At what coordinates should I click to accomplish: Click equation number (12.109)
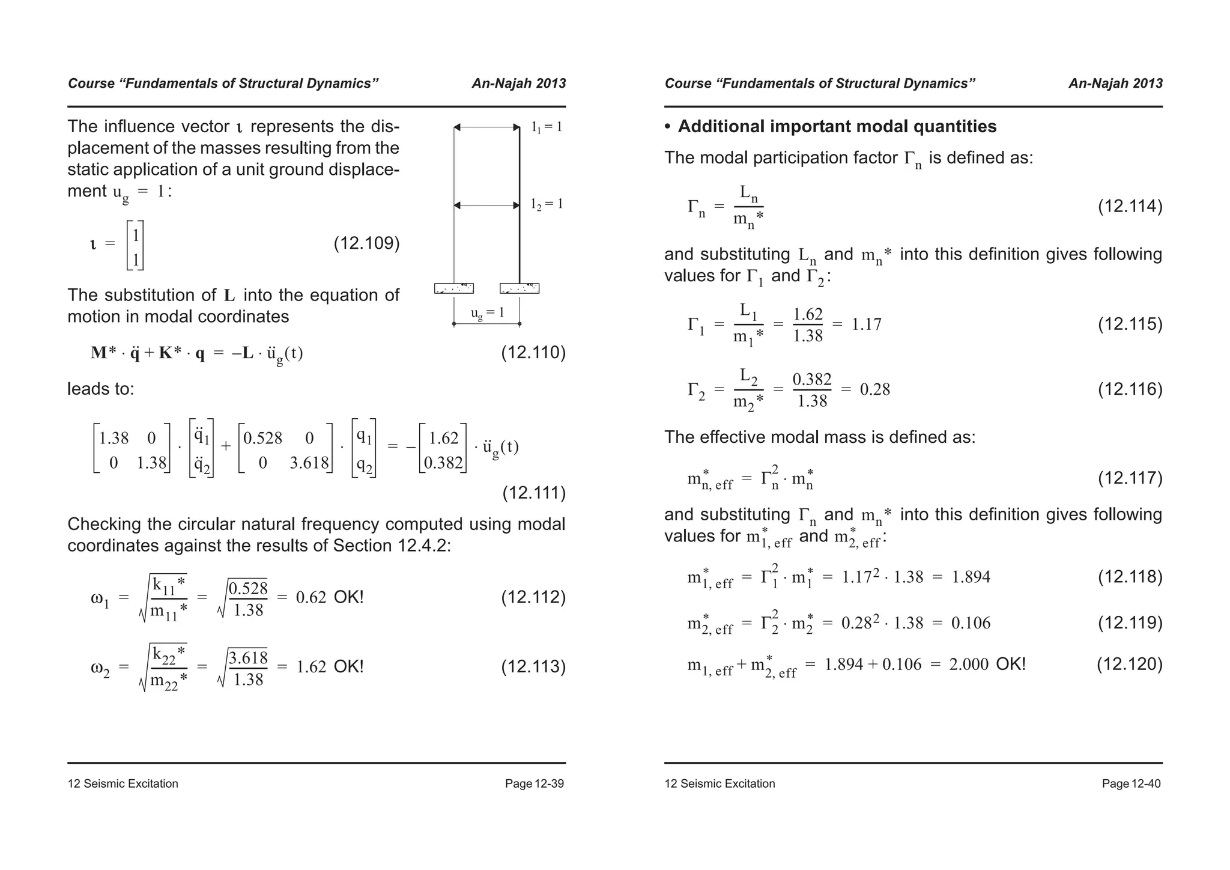click(x=366, y=243)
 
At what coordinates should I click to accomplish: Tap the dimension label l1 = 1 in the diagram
click(x=547, y=127)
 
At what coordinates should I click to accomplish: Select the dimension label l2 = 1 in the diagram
click(x=547, y=204)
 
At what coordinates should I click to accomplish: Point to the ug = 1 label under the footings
click(x=487, y=312)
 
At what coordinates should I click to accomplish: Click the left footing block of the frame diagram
click(x=454, y=288)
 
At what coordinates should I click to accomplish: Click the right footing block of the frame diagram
click(x=520, y=288)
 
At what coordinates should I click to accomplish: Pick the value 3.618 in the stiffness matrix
click(x=309, y=463)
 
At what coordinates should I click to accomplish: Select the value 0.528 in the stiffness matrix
click(x=262, y=439)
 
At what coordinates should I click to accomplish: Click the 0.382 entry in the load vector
click(x=443, y=463)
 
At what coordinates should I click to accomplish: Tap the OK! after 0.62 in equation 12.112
click(x=348, y=597)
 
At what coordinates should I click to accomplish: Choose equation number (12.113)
click(x=533, y=667)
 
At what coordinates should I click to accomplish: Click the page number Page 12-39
click(x=534, y=783)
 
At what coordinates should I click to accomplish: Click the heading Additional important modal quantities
click(x=837, y=127)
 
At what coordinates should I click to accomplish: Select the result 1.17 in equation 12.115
click(x=867, y=325)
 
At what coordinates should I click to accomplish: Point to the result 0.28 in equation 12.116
click(x=875, y=390)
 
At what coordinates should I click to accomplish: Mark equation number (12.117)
click(x=1130, y=478)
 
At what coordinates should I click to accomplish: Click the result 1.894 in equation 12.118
click(x=971, y=577)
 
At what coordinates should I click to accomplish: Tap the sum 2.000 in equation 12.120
click(x=969, y=665)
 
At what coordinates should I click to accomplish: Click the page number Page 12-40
click(x=1131, y=783)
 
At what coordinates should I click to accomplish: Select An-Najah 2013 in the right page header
click(x=1115, y=84)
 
